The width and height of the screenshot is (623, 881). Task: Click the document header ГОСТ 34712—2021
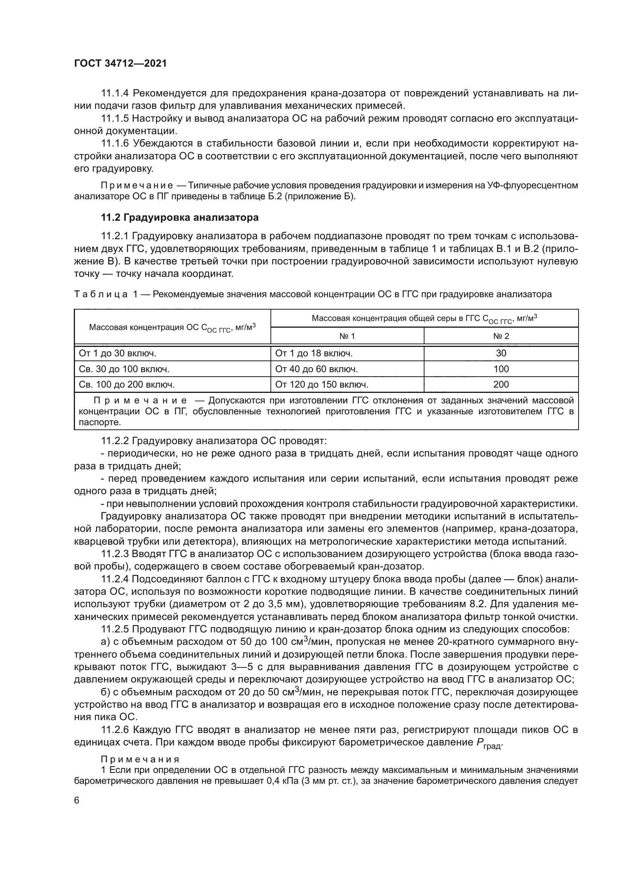120,63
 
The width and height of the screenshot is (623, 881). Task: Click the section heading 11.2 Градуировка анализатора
180,218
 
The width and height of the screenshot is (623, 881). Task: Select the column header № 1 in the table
347,336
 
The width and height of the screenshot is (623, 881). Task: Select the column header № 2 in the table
501,336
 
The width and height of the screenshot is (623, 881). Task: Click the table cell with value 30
501,353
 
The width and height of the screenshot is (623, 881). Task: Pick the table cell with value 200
501,385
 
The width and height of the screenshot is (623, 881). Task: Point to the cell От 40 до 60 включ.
316,369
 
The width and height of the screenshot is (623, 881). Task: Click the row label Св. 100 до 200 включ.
127,385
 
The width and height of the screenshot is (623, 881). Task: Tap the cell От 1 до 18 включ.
313,353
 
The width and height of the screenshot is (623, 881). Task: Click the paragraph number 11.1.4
115,93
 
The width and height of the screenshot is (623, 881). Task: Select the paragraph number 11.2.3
115,554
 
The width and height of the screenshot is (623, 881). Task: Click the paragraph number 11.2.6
115,730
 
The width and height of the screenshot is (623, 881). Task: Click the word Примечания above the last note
140,759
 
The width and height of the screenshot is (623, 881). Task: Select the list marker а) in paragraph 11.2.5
105,642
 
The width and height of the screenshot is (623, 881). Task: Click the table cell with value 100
501,369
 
